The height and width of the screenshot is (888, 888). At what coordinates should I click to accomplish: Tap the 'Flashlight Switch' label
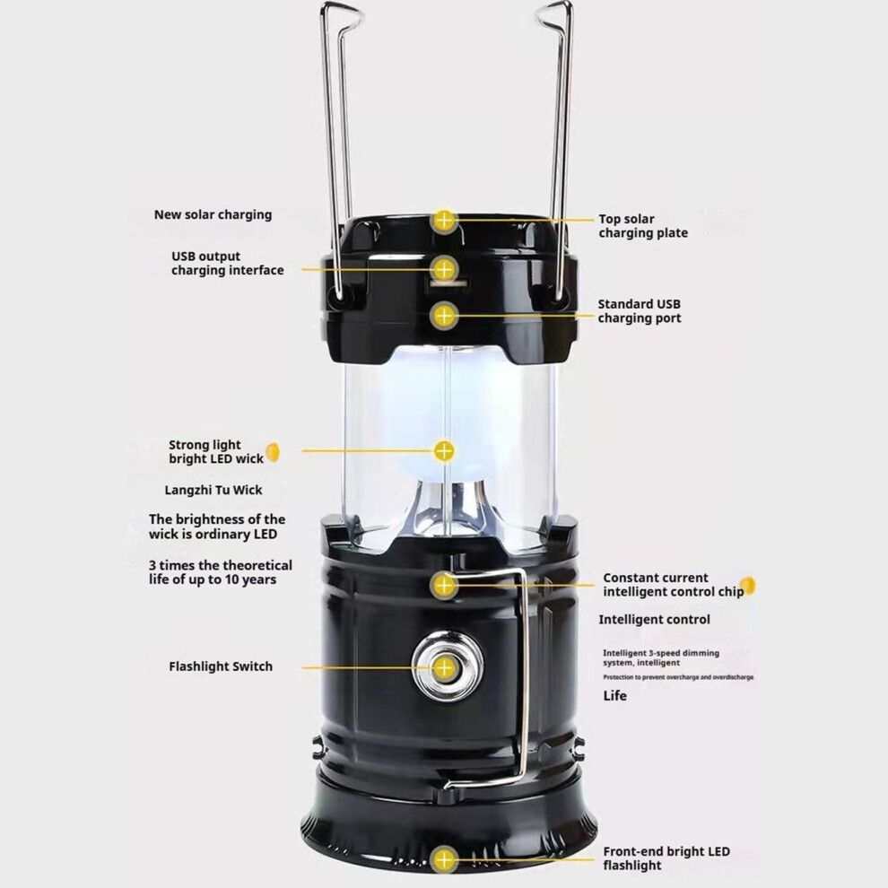click(221, 666)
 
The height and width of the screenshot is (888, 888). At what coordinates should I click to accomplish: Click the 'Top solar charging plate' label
click(643, 226)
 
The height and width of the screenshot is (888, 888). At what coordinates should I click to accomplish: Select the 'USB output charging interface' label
click(228, 264)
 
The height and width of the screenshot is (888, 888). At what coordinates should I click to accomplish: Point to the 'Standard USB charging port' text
click(640, 311)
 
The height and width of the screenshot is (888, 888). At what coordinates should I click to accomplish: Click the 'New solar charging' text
click(213, 214)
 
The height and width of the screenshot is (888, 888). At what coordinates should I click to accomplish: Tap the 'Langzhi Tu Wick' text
click(213, 490)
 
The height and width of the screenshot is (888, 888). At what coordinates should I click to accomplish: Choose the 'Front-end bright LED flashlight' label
click(666, 858)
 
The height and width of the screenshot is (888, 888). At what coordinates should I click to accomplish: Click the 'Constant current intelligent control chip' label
click(674, 585)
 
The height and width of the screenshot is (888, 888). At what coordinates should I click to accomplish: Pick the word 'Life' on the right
click(615, 695)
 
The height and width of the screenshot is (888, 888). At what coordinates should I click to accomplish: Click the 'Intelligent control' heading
click(654, 620)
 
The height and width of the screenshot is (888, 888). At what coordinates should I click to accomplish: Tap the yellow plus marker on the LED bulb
click(445, 451)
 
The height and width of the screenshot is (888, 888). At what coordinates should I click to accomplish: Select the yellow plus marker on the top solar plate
click(444, 220)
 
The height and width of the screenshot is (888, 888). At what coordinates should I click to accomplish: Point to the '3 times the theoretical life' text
click(221, 572)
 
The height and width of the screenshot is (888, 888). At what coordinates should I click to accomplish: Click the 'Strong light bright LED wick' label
click(216, 452)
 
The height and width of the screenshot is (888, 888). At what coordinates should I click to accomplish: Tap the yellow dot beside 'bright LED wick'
click(273, 452)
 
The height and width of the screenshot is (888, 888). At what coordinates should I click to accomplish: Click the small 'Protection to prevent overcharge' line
click(678, 677)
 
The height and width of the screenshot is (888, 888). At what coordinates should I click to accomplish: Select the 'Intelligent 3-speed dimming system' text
click(661, 657)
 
